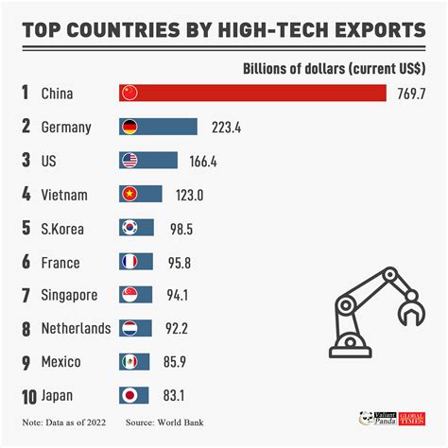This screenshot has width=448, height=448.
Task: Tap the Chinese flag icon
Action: coord(129,93)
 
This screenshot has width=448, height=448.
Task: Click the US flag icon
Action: coord(129,161)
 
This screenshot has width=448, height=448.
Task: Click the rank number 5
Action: coord(26,229)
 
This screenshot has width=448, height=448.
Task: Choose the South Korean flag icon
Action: coord(129,228)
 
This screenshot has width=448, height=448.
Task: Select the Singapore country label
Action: coord(70,296)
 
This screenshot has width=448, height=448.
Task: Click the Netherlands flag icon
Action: coord(129,329)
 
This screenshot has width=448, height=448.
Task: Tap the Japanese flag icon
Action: coord(129,395)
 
